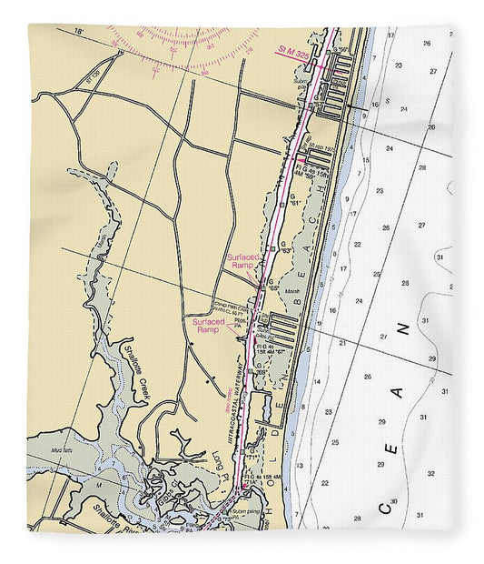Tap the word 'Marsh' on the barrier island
point(291,292)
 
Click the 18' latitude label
point(80,33)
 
